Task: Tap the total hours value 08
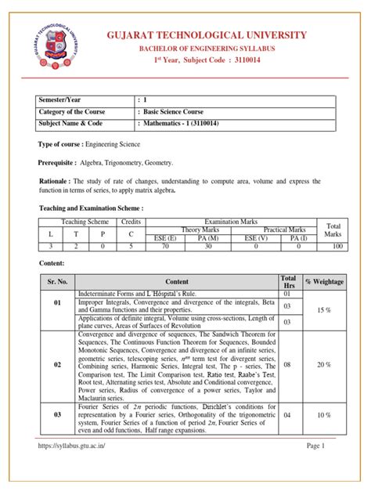click(x=287, y=365)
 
